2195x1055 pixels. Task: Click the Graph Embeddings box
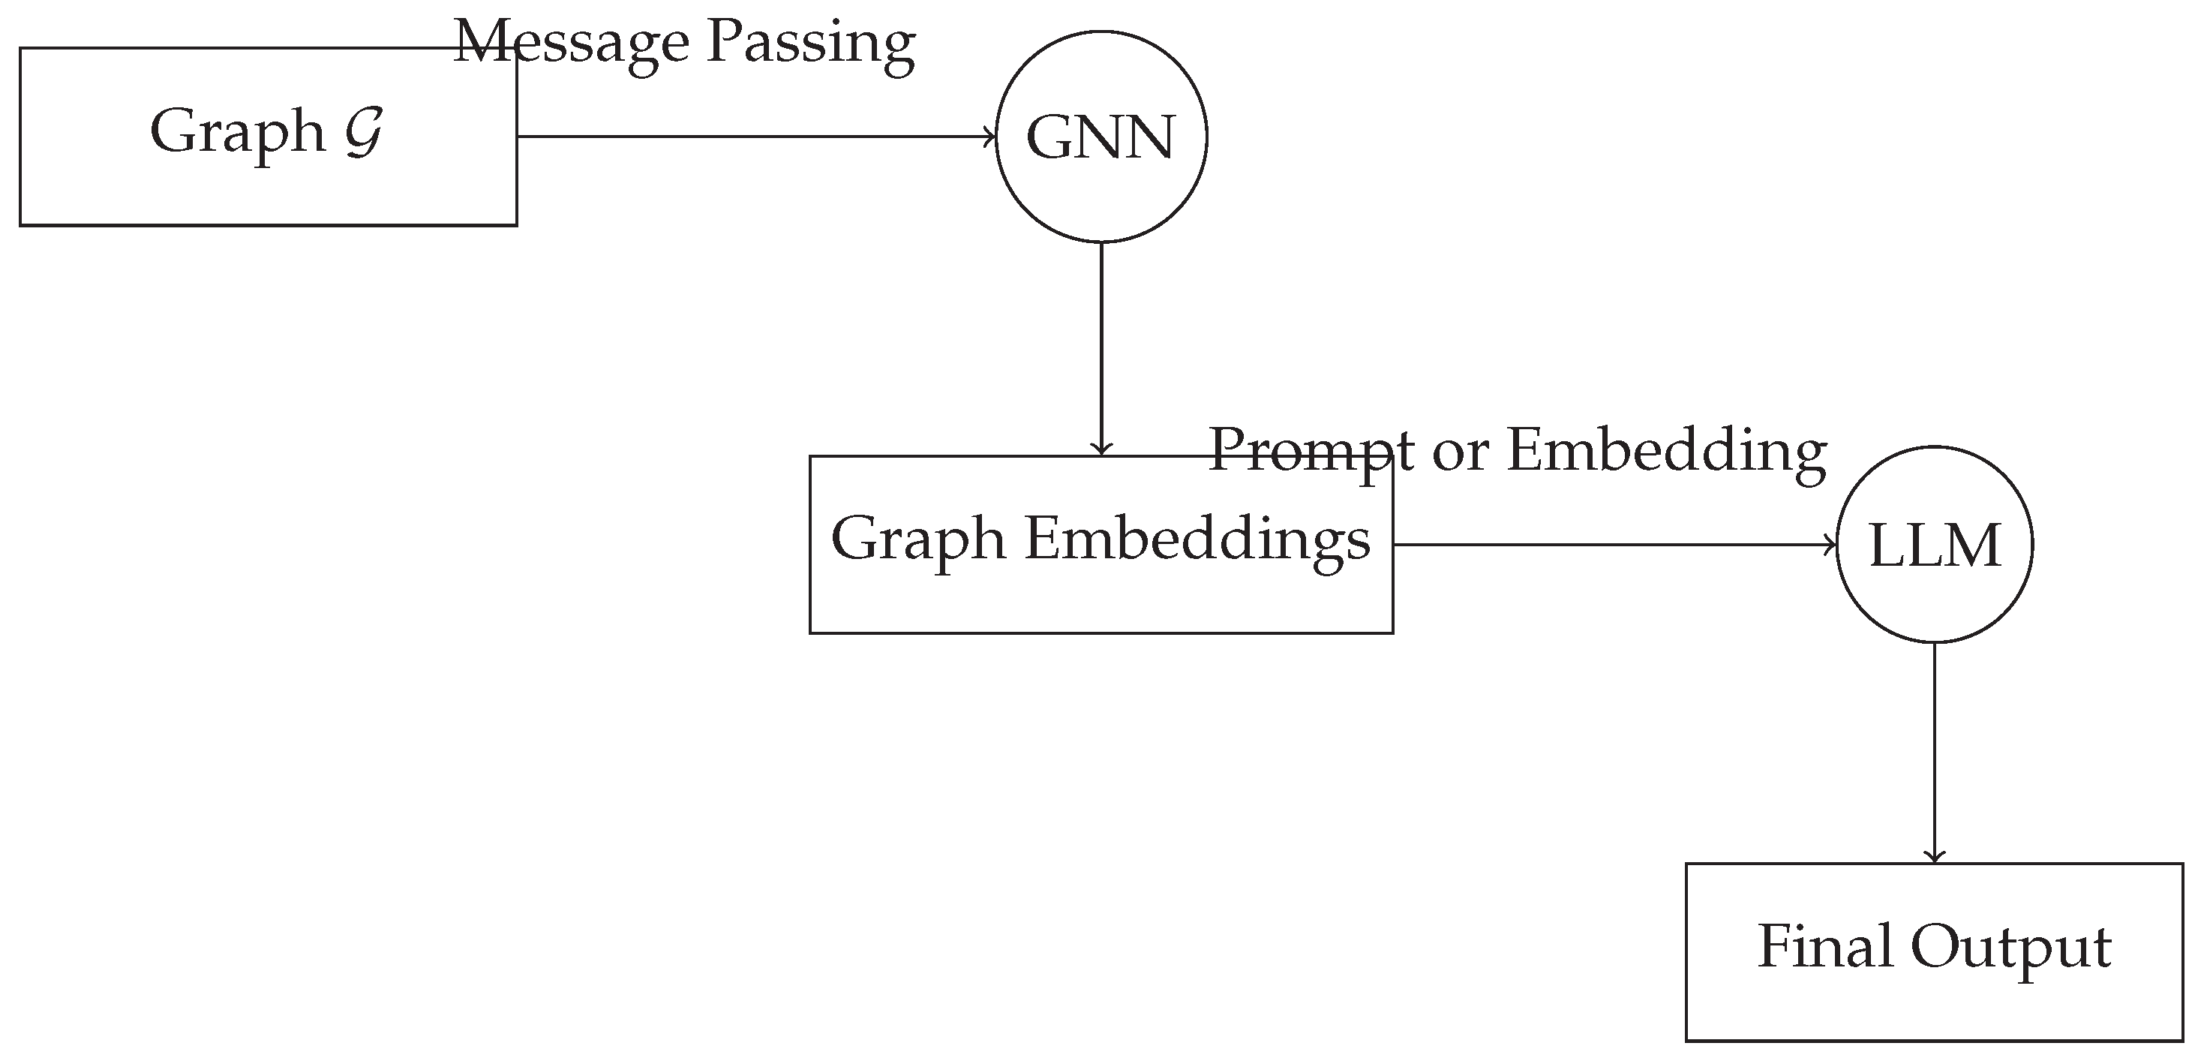click(1101, 597)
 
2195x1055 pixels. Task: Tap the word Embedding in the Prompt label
click(1667, 452)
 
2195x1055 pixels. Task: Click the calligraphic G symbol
click(364, 132)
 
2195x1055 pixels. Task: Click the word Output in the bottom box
click(2011, 948)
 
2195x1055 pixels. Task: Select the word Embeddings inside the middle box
click(1197, 539)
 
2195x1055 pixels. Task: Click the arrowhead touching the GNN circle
click(990, 137)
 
